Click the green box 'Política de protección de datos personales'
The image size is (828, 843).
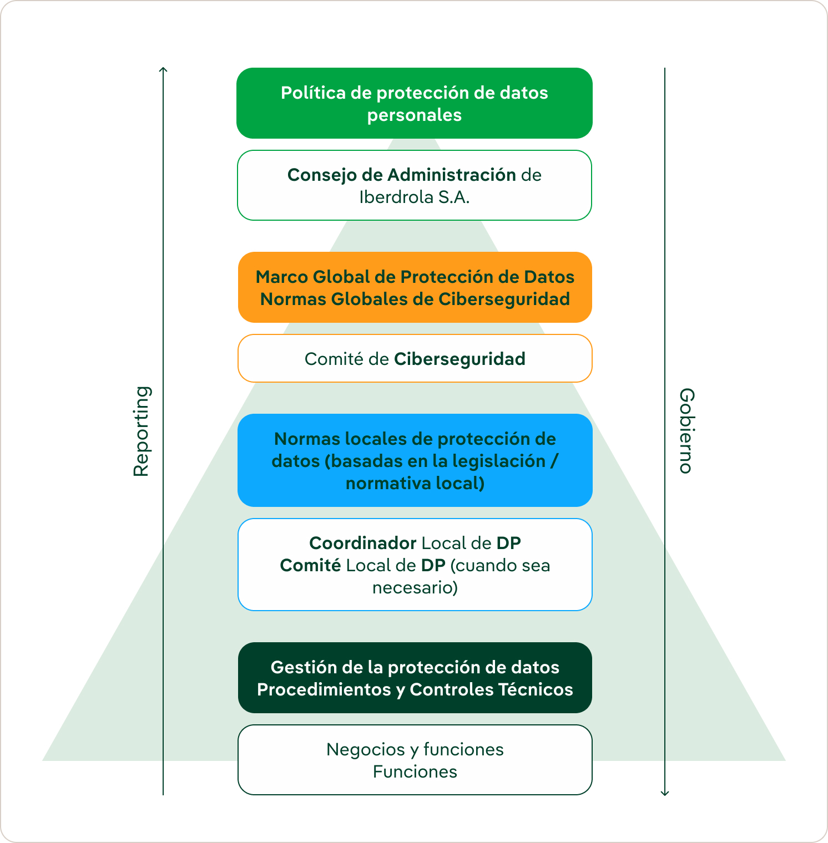click(415, 103)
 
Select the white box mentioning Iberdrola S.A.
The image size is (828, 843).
click(415, 185)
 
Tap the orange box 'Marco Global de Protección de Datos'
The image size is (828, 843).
click(415, 287)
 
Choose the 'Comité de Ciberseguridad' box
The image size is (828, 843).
click(415, 358)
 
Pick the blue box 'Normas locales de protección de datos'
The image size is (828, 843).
click(415, 460)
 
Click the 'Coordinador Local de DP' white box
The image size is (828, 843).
click(415, 565)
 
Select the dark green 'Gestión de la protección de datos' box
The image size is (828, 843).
click(415, 678)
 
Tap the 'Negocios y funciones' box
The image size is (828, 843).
click(415, 760)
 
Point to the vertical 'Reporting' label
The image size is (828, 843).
click(142, 431)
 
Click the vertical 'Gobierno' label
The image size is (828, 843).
click(686, 430)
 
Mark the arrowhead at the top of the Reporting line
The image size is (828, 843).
click(163, 69)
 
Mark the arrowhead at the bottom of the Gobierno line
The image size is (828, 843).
click(665, 793)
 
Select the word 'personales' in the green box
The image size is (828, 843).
click(415, 115)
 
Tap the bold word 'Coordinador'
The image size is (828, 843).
click(362, 543)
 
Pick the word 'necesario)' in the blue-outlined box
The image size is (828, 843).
click(415, 587)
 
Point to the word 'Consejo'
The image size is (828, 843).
click(322, 175)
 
